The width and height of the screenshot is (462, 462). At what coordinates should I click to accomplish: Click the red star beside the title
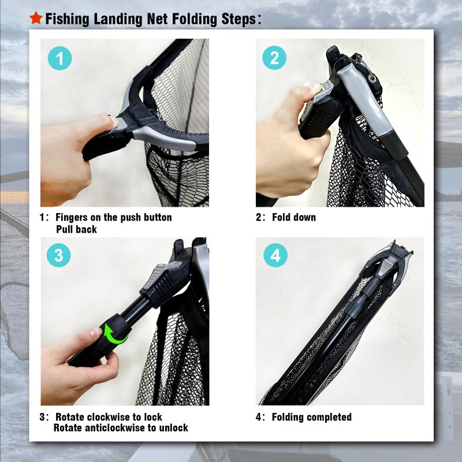[36, 18]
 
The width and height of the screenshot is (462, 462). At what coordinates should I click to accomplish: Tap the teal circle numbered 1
[59, 59]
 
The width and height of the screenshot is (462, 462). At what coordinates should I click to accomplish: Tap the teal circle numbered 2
[274, 59]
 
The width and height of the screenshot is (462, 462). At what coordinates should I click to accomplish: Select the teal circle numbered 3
[59, 255]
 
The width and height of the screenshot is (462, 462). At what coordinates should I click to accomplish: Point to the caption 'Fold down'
[294, 218]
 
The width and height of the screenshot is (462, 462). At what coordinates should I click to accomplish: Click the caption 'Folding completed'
[311, 417]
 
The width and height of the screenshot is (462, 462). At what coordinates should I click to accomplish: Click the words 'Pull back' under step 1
[76, 229]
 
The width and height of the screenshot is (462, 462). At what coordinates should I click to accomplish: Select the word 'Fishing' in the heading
[66, 19]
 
